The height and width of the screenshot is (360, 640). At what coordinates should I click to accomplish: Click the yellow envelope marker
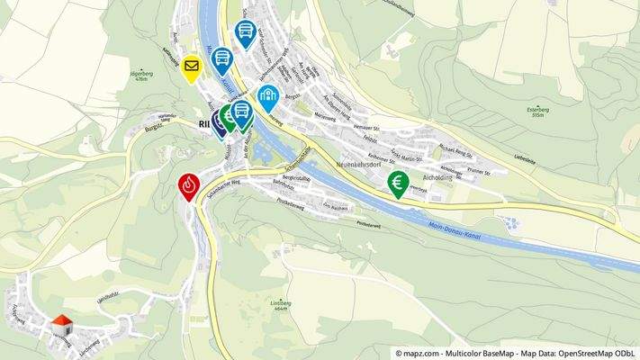tap(191, 67)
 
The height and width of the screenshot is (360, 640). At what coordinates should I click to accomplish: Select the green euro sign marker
tap(398, 183)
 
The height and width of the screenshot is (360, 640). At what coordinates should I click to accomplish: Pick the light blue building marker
tap(267, 95)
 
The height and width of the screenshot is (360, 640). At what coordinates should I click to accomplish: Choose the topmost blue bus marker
tap(244, 31)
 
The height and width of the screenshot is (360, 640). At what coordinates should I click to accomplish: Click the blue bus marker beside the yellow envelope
tap(221, 59)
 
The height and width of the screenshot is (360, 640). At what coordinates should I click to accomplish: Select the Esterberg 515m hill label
tap(539, 112)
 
